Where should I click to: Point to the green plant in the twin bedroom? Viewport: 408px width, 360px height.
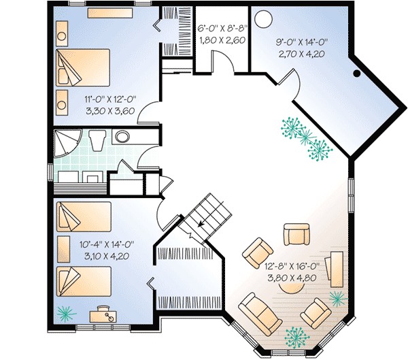[65, 312]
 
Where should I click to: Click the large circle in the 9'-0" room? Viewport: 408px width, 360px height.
[263, 19]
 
